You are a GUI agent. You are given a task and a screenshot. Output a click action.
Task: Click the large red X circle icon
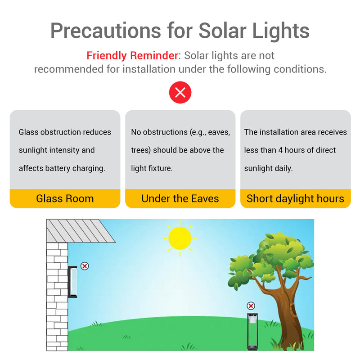point(180,93)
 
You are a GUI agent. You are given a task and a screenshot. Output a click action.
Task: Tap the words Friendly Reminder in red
point(132,56)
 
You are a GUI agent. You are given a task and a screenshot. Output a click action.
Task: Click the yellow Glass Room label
point(65,198)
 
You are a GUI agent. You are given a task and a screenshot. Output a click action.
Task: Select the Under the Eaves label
point(180,198)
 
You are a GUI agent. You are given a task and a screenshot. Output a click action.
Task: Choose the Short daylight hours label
point(295,198)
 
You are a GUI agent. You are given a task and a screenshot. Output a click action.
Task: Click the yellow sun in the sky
point(180,238)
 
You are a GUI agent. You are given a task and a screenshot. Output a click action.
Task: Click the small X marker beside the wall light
point(85,266)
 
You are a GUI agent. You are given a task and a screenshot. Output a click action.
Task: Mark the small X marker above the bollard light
point(251,306)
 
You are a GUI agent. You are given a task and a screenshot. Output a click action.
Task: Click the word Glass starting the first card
point(28,132)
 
